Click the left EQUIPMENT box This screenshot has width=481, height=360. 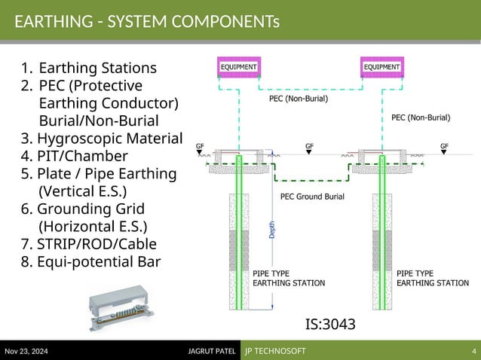tap(237, 67)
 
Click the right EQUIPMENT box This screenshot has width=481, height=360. tap(381, 67)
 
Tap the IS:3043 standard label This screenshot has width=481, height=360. tap(329, 324)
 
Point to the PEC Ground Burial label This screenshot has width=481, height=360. tap(312, 197)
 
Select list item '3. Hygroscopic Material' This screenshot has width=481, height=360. tap(102, 139)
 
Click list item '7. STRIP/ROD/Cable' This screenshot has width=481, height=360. tap(89, 243)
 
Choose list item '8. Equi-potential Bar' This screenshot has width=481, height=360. tap(90, 261)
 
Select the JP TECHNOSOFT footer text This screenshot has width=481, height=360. tap(274, 352)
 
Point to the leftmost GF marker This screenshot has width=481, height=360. tap(200, 145)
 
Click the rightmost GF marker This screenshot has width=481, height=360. tap(444, 145)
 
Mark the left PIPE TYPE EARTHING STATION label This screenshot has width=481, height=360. tap(289, 278)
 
